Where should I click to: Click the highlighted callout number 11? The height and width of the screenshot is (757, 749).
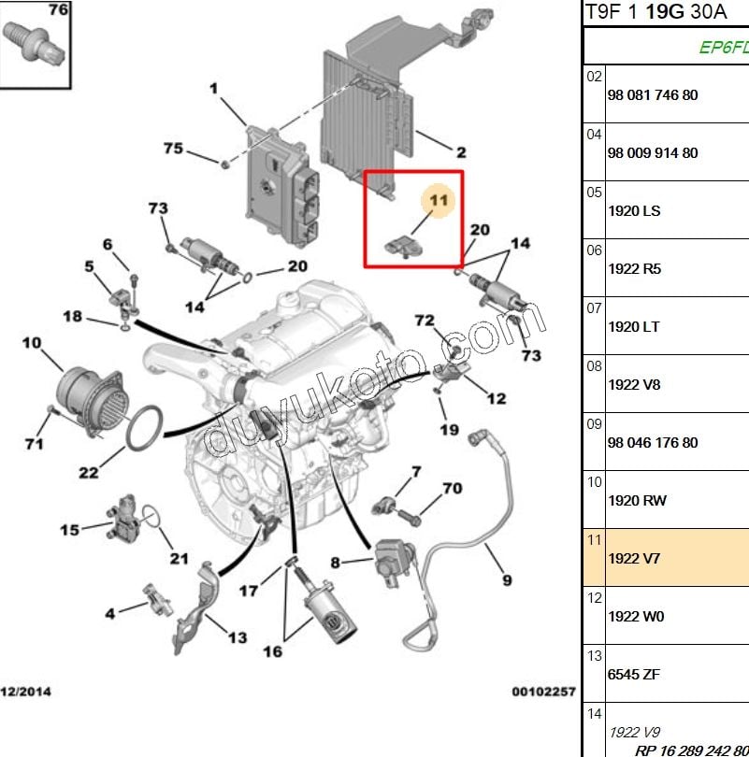tap(439, 200)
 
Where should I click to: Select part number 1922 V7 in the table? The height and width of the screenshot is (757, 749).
tap(634, 559)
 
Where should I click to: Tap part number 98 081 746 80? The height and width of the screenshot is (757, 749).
tap(652, 95)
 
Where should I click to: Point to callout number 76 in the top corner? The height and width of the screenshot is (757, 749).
tap(58, 10)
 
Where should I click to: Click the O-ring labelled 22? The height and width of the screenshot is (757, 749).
tap(147, 427)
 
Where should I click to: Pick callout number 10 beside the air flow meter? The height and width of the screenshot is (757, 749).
tap(32, 343)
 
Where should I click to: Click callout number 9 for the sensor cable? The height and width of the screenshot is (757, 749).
tap(507, 580)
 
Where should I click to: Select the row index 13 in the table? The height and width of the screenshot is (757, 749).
tap(595, 656)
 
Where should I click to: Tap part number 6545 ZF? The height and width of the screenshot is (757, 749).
tap(633, 675)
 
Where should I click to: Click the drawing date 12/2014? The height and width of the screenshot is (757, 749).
tap(26, 692)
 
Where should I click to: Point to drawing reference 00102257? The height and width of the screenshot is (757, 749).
tap(543, 692)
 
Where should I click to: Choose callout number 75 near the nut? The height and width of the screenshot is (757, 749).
tap(173, 149)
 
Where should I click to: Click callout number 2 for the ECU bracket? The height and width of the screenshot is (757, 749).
tap(461, 151)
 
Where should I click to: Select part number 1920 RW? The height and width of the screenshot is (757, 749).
tap(637, 501)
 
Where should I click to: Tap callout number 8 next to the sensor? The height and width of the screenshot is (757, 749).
tap(335, 563)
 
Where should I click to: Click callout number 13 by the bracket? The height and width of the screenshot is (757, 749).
tap(238, 637)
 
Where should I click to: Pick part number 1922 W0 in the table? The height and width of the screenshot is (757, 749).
tap(636, 617)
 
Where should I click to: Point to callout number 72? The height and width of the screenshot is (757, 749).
tap(425, 321)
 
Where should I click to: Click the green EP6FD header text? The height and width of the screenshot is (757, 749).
tap(723, 48)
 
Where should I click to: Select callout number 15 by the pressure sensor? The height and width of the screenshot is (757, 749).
tap(70, 530)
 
